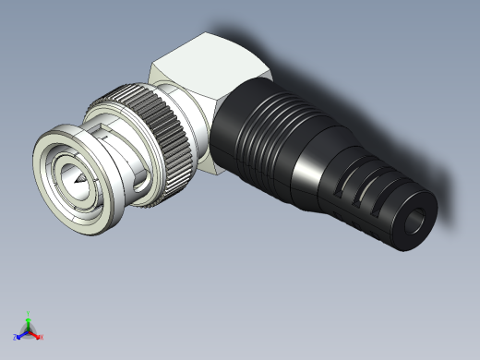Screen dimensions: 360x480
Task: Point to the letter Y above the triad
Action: [29, 313]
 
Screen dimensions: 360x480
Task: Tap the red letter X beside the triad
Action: [42, 337]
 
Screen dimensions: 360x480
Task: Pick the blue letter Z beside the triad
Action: [16, 337]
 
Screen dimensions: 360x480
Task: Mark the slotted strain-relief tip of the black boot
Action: [369, 198]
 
